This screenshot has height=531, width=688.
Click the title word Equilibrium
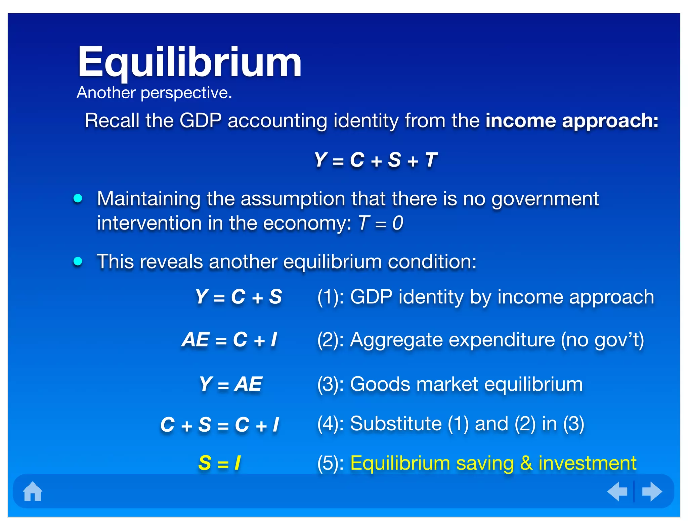(x=189, y=63)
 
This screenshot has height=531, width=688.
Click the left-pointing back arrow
(x=617, y=491)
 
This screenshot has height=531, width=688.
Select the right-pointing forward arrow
(x=652, y=491)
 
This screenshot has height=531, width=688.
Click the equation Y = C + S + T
(x=375, y=160)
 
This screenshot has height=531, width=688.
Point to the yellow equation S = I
(x=219, y=463)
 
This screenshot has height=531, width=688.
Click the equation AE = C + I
(x=229, y=339)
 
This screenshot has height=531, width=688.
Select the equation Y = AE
(x=230, y=384)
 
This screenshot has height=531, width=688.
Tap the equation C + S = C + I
(x=220, y=425)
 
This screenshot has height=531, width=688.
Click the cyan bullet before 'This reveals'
(x=78, y=261)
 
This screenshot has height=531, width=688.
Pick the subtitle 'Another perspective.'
(x=154, y=93)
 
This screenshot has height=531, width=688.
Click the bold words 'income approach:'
(x=572, y=120)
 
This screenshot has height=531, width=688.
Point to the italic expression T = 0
(x=381, y=223)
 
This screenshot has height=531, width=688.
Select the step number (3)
(x=327, y=384)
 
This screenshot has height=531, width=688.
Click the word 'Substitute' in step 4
(x=396, y=424)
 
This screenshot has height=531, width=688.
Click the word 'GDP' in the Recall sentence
(x=201, y=120)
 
